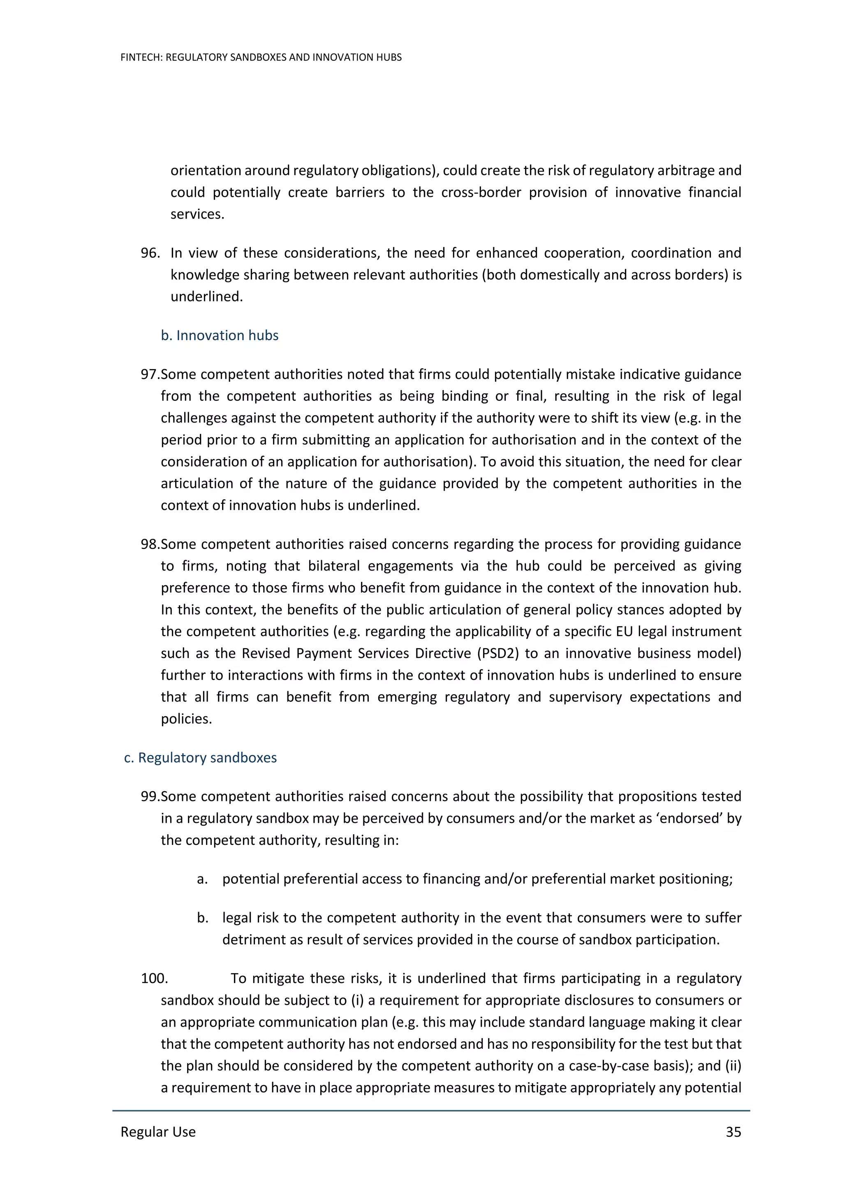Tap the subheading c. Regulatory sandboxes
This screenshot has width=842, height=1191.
point(200,757)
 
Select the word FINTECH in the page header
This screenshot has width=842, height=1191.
point(141,58)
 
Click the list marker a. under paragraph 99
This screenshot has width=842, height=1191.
point(202,879)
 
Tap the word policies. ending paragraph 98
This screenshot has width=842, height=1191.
point(186,718)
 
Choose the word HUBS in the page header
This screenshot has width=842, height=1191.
point(390,58)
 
